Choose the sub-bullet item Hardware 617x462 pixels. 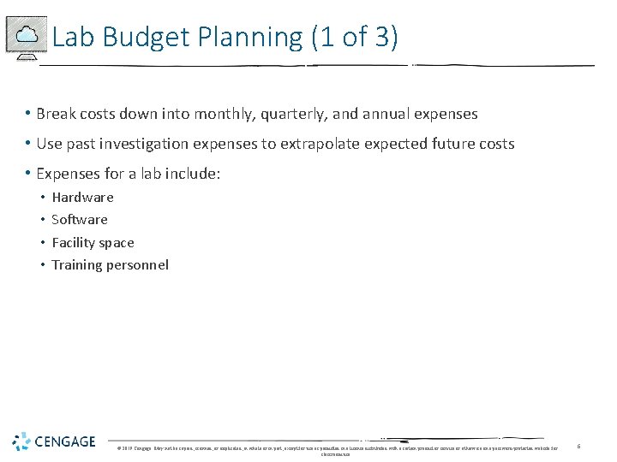click(x=82, y=198)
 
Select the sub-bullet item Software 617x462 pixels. click(x=80, y=220)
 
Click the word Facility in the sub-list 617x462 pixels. click(x=74, y=243)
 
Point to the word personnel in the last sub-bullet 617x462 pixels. click(x=137, y=265)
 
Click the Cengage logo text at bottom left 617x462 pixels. click(x=66, y=441)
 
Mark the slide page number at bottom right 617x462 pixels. click(x=578, y=446)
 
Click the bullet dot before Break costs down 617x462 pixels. click(x=28, y=114)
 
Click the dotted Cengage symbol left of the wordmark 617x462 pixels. click(x=21, y=441)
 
